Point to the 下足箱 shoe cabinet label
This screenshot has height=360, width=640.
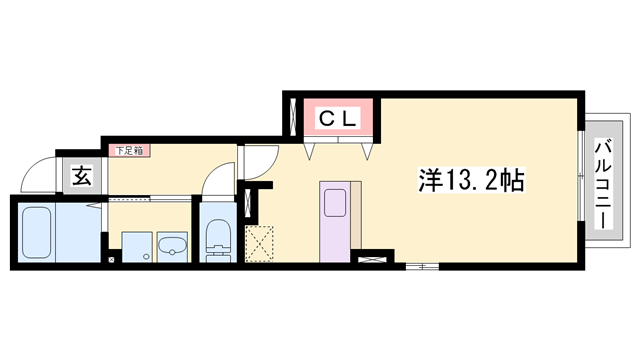point(129,151)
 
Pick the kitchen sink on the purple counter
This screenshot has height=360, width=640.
point(332,202)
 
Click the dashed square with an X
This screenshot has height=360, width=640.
point(259,243)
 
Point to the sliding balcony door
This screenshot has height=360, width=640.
point(579,180)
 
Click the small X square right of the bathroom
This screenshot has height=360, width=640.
point(111,262)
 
